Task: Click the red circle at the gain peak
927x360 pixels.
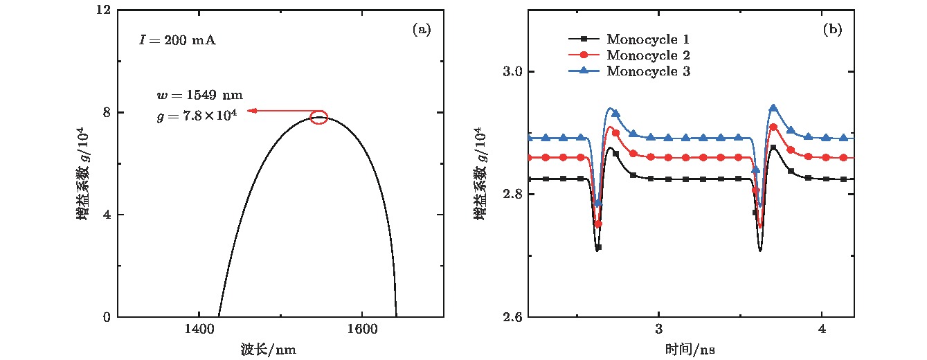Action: point(318,117)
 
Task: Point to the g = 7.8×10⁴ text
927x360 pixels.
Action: point(197,116)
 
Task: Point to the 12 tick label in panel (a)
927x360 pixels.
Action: point(105,10)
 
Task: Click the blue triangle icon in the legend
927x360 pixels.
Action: point(584,71)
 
